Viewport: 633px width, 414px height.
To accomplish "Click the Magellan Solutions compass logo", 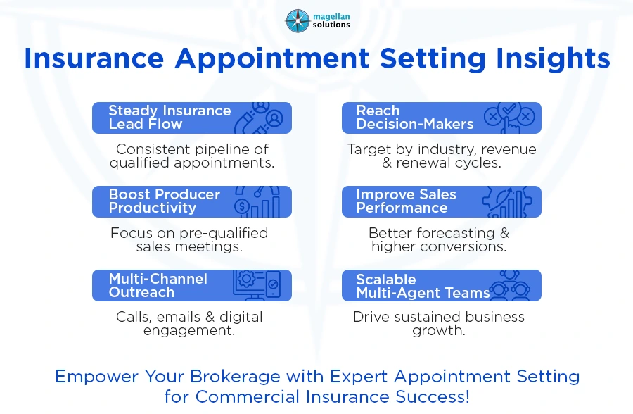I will pyautogui.click(x=298, y=20).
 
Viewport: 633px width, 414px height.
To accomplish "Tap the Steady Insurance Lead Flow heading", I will pyautogui.click(x=169, y=118).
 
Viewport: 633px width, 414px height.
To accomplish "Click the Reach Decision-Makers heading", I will pyautogui.click(x=414, y=118).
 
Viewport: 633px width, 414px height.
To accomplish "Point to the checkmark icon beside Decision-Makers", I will pyautogui.click(x=510, y=117).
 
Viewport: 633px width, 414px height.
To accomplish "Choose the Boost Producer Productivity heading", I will pyautogui.click(x=164, y=201).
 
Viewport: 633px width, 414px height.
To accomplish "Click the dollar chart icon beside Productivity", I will pyautogui.click(x=257, y=202).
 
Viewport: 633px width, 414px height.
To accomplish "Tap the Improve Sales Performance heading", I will pyautogui.click(x=406, y=201).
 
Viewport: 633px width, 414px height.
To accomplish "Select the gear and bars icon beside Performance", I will pyautogui.click(x=508, y=201).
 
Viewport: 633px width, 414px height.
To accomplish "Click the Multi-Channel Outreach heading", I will pyautogui.click(x=158, y=285).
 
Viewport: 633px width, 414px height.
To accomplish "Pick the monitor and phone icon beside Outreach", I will pyautogui.click(x=257, y=285).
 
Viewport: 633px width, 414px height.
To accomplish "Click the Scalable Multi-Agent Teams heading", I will pyautogui.click(x=422, y=286).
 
